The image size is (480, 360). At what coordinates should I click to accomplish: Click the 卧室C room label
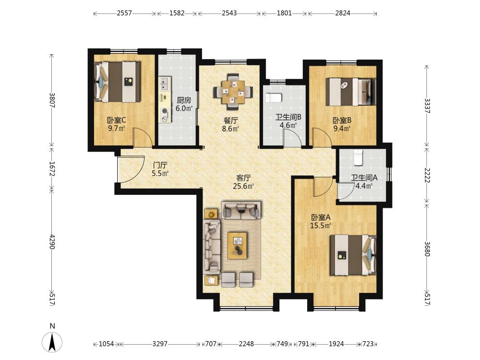click(x=116, y=120)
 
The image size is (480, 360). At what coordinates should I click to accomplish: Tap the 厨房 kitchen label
click(x=184, y=100)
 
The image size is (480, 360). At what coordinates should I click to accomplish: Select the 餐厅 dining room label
click(x=230, y=120)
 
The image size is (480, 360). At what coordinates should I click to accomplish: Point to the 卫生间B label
click(x=288, y=117)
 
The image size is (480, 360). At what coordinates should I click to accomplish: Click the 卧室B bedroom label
click(x=342, y=120)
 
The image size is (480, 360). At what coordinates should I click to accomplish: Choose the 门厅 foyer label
click(x=160, y=165)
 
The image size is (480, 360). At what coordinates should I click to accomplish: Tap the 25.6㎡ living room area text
click(x=243, y=186)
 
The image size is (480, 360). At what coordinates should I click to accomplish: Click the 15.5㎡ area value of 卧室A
click(x=321, y=226)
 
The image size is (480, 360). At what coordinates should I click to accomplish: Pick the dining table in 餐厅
click(x=233, y=92)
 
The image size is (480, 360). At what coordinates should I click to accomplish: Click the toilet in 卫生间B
click(x=274, y=97)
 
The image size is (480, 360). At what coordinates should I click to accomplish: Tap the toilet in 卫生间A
click(x=358, y=157)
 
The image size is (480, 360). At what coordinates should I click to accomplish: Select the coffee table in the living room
click(x=237, y=245)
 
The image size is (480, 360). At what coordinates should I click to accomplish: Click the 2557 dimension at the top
click(x=124, y=13)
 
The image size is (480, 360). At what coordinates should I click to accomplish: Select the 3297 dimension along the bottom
click(x=160, y=344)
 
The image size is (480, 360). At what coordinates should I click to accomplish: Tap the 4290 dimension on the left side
click(x=52, y=242)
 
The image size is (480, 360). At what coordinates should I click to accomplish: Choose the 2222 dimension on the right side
click(x=427, y=175)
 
